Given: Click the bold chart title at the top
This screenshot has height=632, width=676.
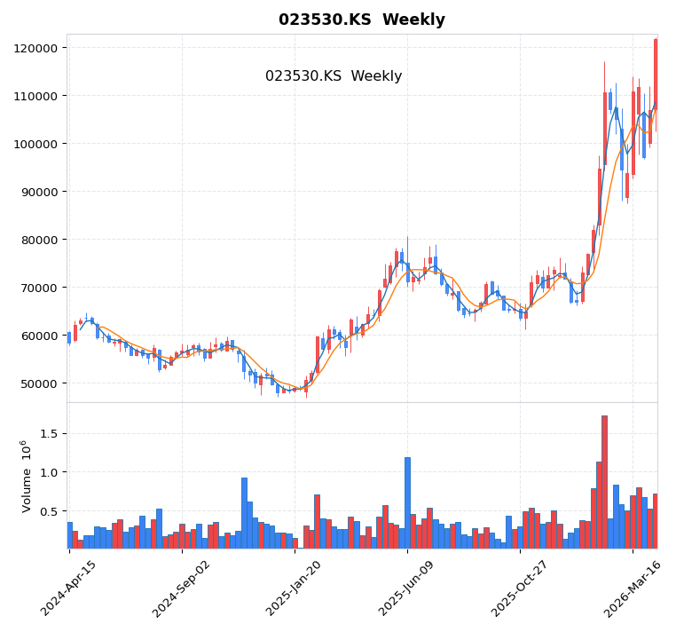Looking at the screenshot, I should point(362,20).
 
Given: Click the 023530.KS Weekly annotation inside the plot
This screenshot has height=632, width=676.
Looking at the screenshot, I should point(334,76).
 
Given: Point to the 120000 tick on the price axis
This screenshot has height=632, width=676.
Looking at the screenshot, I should point(37,48).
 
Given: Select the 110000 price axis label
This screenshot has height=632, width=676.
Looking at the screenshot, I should point(37,96).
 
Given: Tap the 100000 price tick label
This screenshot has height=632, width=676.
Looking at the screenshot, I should point(37,144).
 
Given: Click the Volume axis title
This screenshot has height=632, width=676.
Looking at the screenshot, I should point(27,476).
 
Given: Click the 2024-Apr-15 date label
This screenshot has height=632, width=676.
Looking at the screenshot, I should point(69,589).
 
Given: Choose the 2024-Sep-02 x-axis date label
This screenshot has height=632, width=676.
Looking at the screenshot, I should point(182,589).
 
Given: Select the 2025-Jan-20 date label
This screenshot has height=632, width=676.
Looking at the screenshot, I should point(295,589).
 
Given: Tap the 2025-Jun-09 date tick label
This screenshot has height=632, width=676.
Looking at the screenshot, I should point(407,589).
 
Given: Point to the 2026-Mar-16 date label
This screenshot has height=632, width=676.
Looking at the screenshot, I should point(633,589).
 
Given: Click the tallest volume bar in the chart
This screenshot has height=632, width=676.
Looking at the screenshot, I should point(604,482).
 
